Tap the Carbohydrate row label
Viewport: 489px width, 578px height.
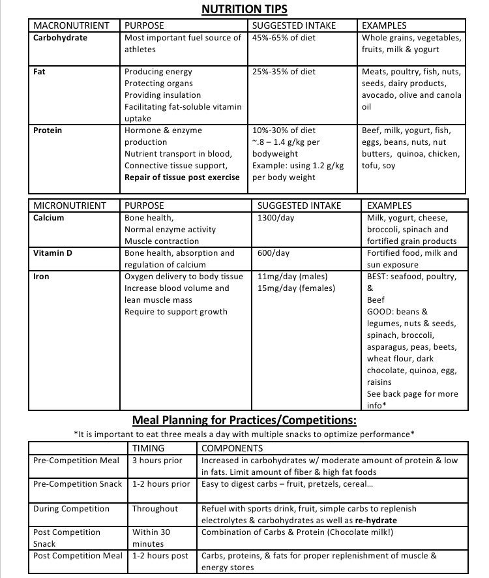[60, 38]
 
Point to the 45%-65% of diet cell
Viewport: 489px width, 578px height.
[284, 38]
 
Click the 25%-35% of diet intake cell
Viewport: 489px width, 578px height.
[284, 72]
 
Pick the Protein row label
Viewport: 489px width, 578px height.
[48, 130]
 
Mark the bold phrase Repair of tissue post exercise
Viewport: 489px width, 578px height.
[182, 177]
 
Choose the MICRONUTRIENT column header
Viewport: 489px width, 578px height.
[69, 205]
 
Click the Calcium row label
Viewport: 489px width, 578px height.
[49, 218]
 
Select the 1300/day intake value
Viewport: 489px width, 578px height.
[276, 218]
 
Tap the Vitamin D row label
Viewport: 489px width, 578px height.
[53, 253]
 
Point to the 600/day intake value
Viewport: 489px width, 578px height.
[274, 253]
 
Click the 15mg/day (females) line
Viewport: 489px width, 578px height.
[297, 288]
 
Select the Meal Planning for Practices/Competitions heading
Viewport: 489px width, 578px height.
[244, 419]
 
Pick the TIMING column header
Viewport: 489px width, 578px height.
[148, 448]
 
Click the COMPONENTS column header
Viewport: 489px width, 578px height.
[232, 448]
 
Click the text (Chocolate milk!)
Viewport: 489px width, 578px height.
[356, 532]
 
